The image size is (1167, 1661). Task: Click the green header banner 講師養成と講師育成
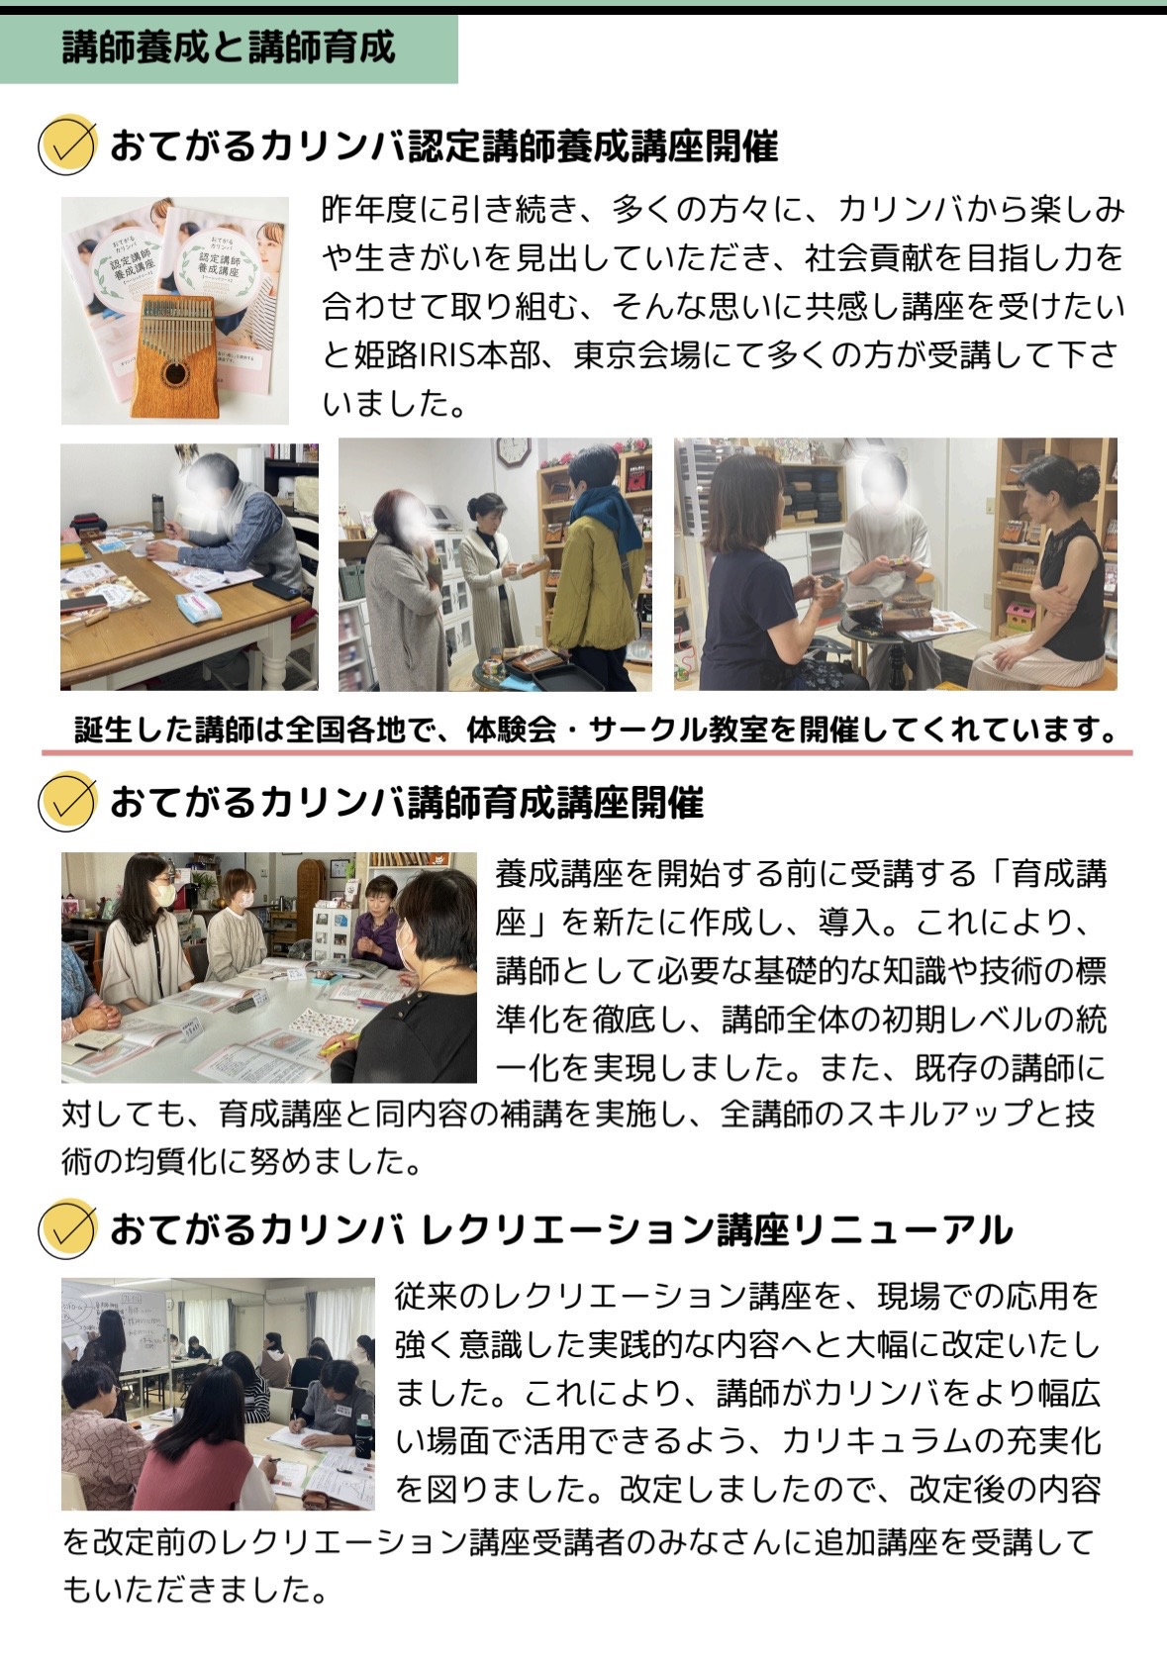point(229,49)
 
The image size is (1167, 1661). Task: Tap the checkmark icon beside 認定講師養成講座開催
point(66,145)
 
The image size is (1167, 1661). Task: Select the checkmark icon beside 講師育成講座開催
point(66,803)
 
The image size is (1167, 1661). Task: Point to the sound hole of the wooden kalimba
point(175,374)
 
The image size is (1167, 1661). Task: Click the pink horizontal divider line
point(586,752)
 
